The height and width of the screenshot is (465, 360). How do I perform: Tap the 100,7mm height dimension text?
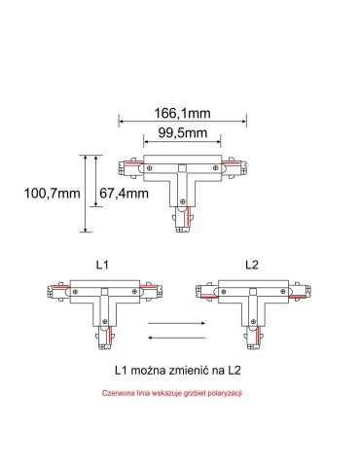tap(52, 194)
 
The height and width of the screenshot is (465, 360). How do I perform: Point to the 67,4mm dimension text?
tap(123, 194)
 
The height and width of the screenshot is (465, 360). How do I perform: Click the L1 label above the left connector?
tap(103, 265)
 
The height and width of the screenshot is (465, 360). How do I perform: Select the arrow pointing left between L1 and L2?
tap(175, 337)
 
